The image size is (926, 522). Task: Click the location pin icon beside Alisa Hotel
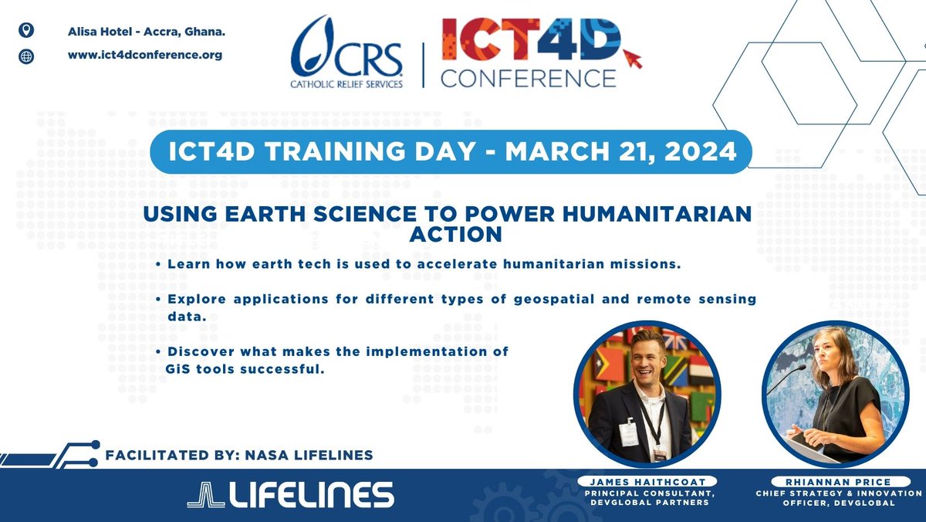(25, 31)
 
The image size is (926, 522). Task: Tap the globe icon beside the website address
(25, 56)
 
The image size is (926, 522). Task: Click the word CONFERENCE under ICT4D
(528, 78)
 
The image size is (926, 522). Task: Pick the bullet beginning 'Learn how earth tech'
(417, 264)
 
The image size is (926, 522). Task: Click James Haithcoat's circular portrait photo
(647, 394)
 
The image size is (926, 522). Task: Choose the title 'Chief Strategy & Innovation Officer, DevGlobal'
(836, 498)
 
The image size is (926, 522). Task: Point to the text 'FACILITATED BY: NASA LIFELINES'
(242, 455)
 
